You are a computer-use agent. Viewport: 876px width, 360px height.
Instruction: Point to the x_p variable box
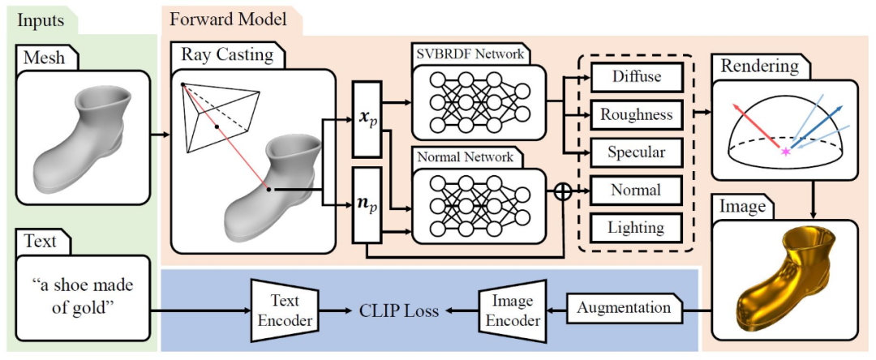[x=367, y=118]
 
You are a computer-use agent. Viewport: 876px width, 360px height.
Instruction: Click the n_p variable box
[x=367, y=204]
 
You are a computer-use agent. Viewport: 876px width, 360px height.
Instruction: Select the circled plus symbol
[x=561, y=192]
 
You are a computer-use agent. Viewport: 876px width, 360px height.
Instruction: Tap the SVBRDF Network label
[x=470, y=56]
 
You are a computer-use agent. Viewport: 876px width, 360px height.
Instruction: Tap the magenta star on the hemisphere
[x=784, y=151]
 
